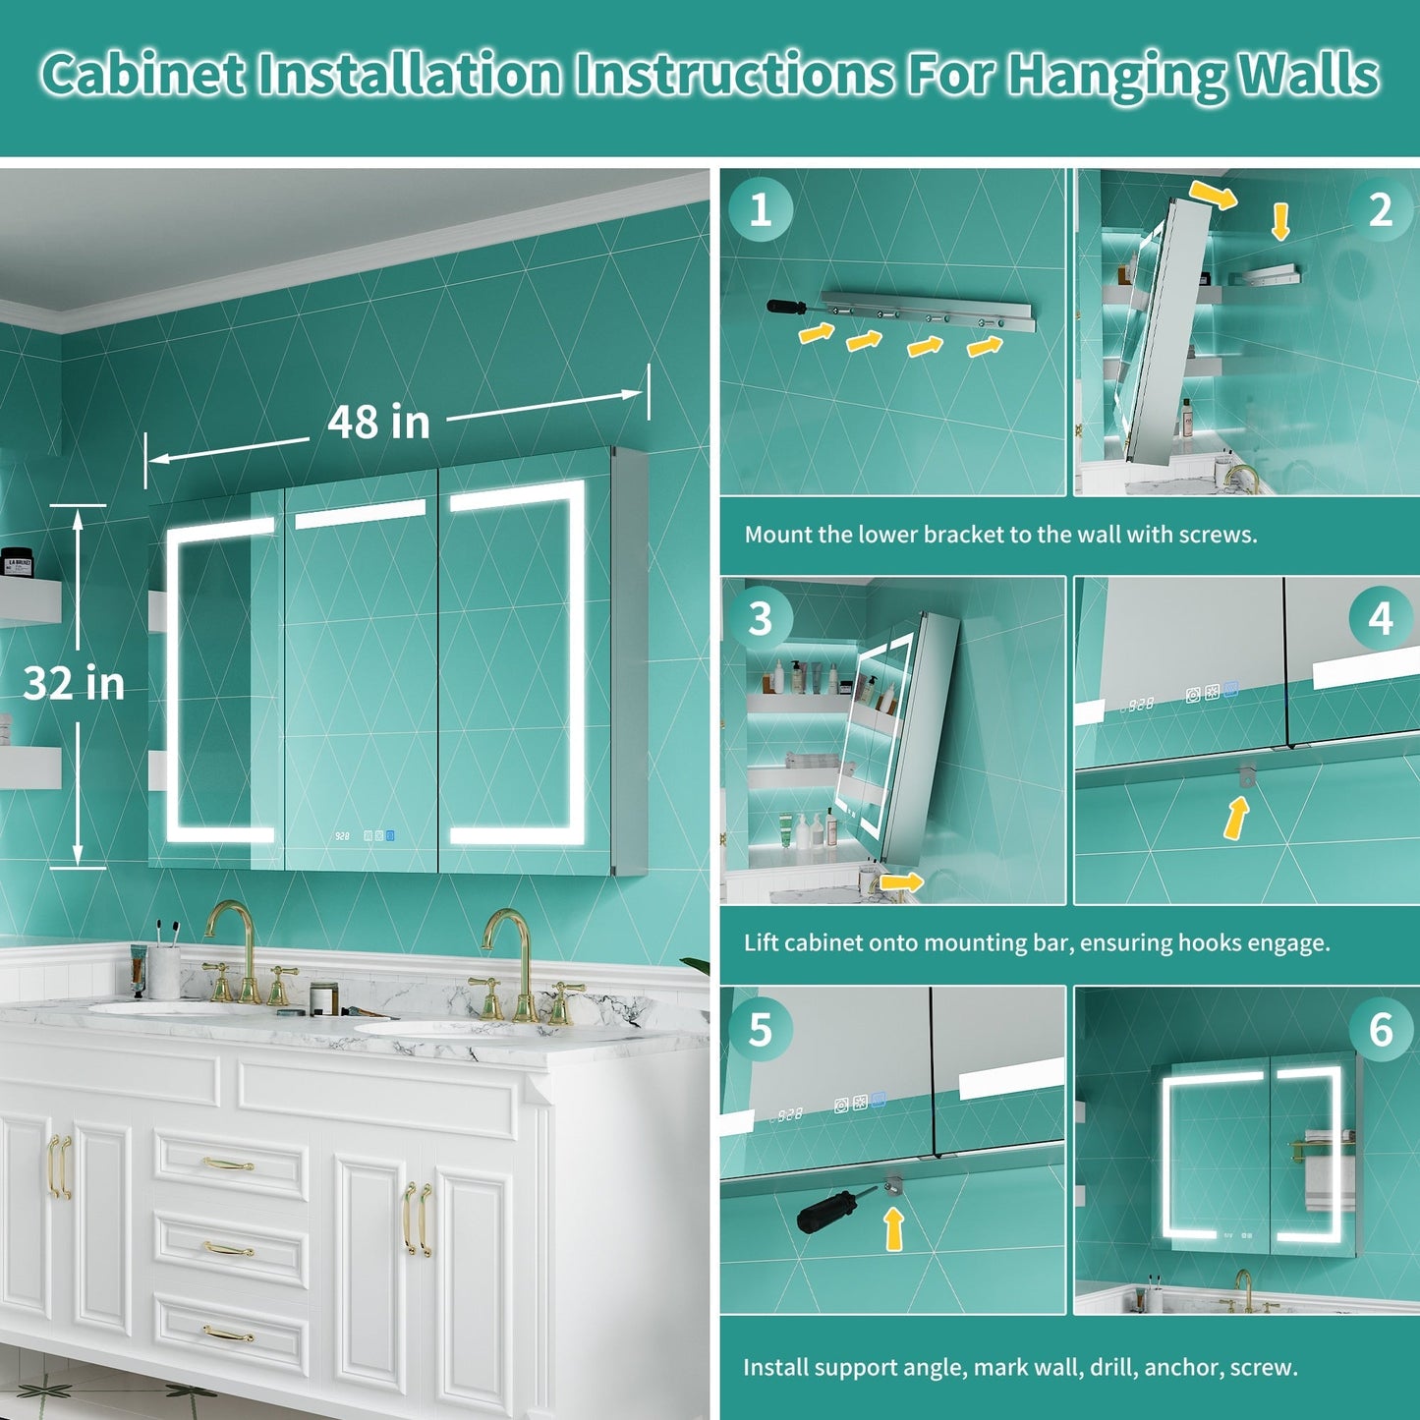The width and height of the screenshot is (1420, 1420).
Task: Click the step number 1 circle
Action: [x=761, y=210]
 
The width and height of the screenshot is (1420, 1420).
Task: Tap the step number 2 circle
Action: [x=1381, y=210]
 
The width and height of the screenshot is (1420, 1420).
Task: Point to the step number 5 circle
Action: [x=761, y=1030]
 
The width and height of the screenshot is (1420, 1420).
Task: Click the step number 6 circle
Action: [x=1381, y=1030]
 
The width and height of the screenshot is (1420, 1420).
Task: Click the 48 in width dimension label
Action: [x=378, y=423]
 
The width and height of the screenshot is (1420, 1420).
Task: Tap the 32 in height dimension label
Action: [x=74, y=683]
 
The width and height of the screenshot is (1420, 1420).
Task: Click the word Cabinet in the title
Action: [x=143, y=75]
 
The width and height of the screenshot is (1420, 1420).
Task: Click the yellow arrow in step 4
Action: [x=1237, y=818]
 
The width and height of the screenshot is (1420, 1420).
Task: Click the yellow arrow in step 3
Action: [x=901, y=881]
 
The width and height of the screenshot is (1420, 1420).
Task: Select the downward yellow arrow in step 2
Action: [x=1280, y=222]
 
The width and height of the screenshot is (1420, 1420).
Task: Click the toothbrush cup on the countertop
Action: [x=163, y=973]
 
